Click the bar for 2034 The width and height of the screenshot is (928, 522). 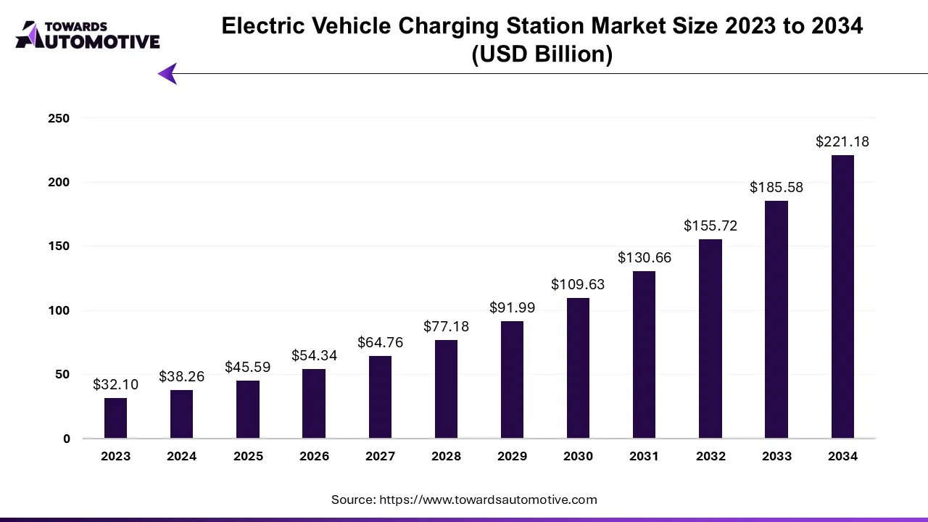[842, 297]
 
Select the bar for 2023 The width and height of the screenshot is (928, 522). [115, 418]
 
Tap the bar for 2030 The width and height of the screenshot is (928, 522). [578, 368]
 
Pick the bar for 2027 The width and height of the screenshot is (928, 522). [380, 397]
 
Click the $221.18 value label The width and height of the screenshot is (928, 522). [842, 142]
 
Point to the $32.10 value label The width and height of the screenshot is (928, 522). [115, 385]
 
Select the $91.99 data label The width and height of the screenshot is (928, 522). [512, 308]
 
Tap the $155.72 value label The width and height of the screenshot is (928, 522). [710, 226]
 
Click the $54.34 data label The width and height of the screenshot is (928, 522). [314, 356]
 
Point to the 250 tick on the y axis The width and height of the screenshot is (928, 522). [59, 118]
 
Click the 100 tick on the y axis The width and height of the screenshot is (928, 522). [59, 310]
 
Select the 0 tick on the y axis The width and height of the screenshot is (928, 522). [67, 439]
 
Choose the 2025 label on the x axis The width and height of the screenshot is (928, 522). [248, 456]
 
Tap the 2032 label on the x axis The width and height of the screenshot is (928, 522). [710, 456]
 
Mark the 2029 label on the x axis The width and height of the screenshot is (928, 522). [512, 456]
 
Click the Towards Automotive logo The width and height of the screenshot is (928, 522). [88, 35]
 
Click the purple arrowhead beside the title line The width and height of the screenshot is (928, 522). [167, 73]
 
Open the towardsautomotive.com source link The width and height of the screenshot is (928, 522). [489, 500]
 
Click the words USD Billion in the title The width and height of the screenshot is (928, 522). [542, 54]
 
